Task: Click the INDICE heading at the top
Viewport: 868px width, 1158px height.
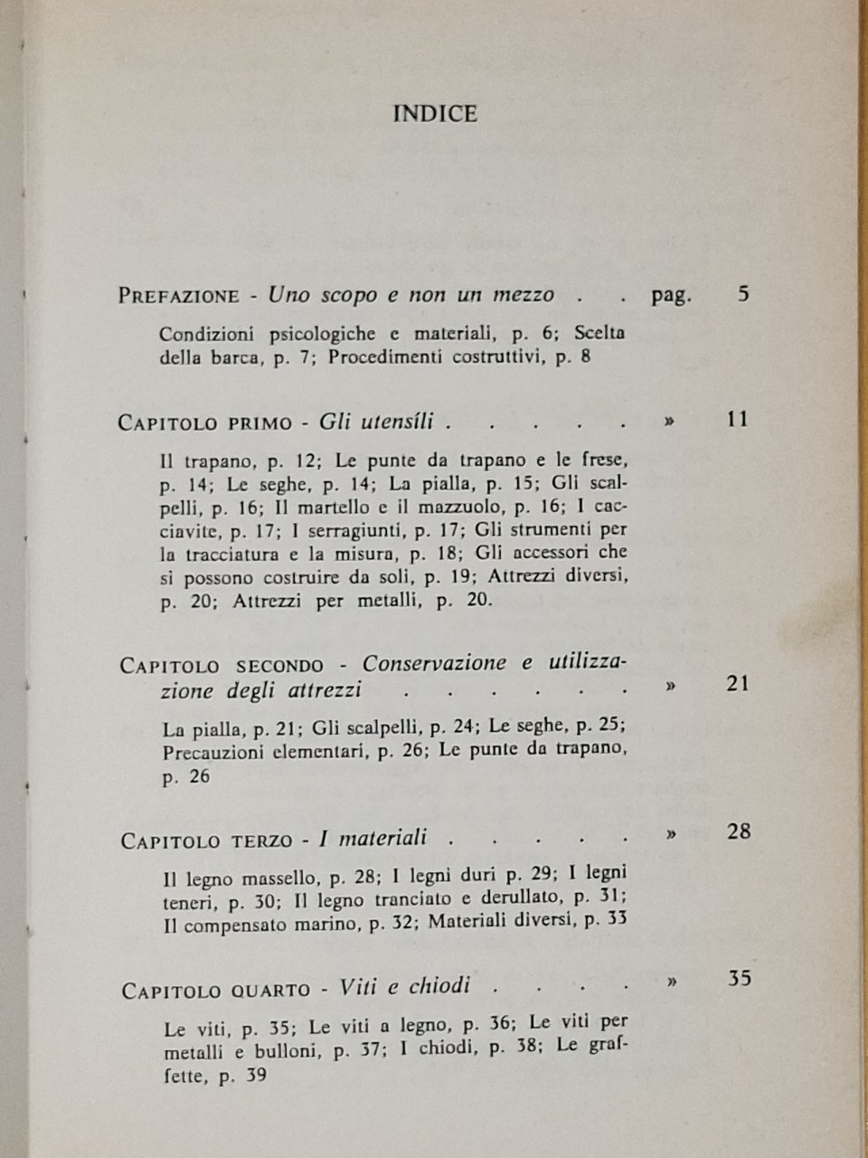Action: click(x=435, y=114)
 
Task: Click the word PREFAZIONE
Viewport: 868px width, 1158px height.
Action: click(x=179, y=297)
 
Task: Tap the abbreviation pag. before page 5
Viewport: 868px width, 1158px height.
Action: click(x=670, y=296)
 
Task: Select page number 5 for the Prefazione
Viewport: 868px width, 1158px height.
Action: click(x=743, y=294)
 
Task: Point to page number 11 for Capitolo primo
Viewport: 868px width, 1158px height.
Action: click(x=738, y=420)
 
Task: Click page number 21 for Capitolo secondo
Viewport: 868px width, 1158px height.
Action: click(x=738, y=684)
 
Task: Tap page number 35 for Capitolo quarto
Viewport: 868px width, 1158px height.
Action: click(x=739, y=979)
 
